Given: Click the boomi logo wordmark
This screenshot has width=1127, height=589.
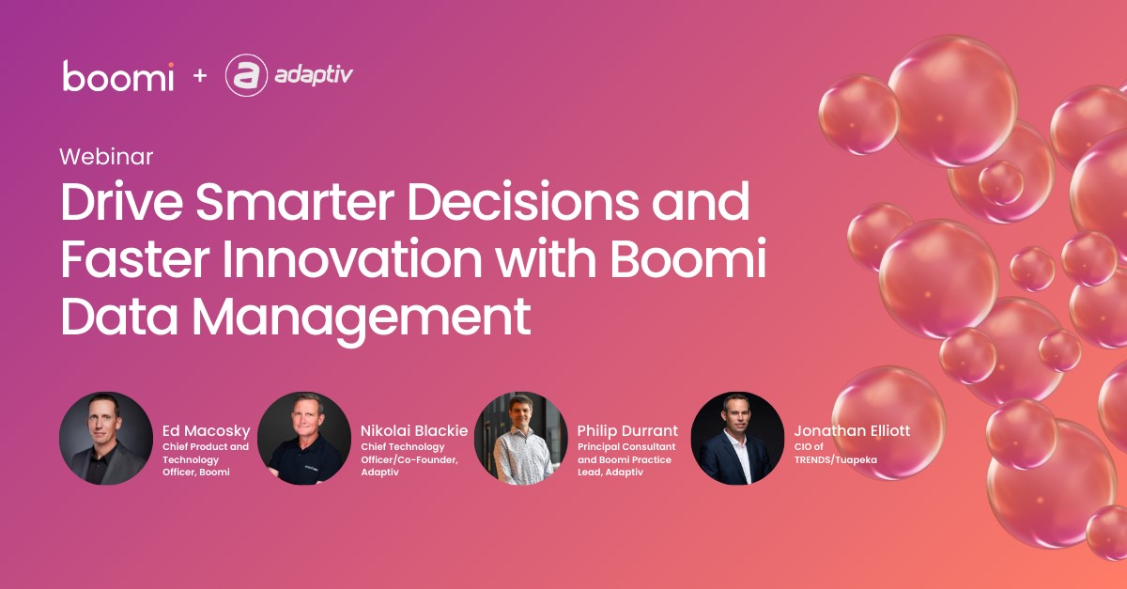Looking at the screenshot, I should (x=118, y=76).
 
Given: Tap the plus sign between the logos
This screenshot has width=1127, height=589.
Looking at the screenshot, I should (x=199, y=76).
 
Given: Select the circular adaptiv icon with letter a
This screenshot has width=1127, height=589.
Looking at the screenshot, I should (x=246, y=76).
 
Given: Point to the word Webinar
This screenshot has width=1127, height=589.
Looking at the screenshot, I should (x=106, y=156).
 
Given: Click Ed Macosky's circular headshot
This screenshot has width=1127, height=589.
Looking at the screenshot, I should (x=105, y=438).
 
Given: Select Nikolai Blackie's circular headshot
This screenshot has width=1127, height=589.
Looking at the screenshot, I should (x=303, y=438).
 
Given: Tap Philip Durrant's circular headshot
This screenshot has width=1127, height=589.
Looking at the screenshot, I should (x=520, y=438).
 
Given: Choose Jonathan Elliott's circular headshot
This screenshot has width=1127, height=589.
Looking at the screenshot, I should (x=737, y=438).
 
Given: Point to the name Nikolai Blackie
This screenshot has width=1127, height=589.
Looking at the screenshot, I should (x=414, y=430).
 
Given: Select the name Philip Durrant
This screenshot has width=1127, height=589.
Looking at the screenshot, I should (x=627, y=430).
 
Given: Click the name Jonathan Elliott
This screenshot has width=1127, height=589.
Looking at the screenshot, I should (x=852, y=430).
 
